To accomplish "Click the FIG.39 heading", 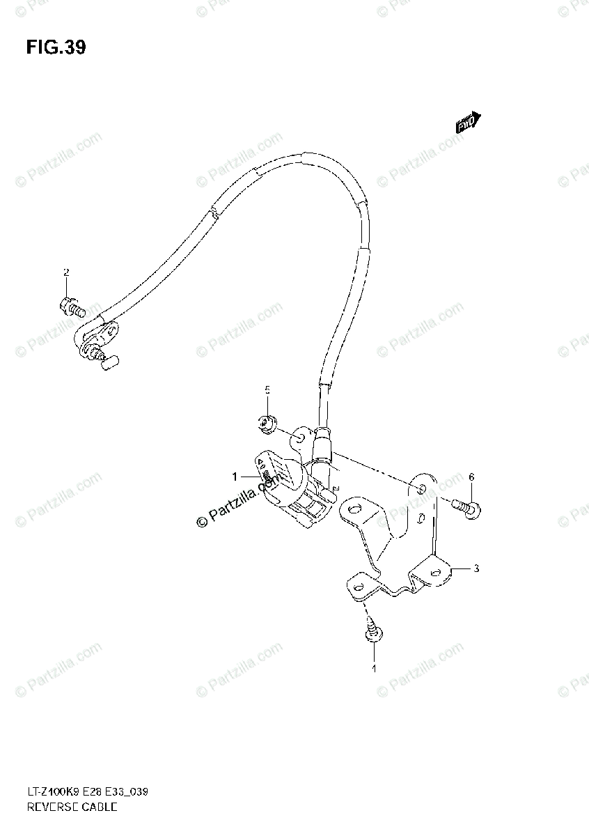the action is (x=56, y=47).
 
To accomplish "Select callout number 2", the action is (x=66, y=272).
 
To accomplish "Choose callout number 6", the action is (x=471, y=477).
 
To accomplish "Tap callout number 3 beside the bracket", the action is (x=476, y=568).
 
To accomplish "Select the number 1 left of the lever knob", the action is (x=235, y=477).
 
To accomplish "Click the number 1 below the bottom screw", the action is (x=373, y=669).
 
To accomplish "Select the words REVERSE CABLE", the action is (x=72, y=807).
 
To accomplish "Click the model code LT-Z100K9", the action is (x=53, y=792).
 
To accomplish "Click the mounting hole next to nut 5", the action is (x=296, y=438).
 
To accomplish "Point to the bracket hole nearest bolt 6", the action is (x=420, y=486).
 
